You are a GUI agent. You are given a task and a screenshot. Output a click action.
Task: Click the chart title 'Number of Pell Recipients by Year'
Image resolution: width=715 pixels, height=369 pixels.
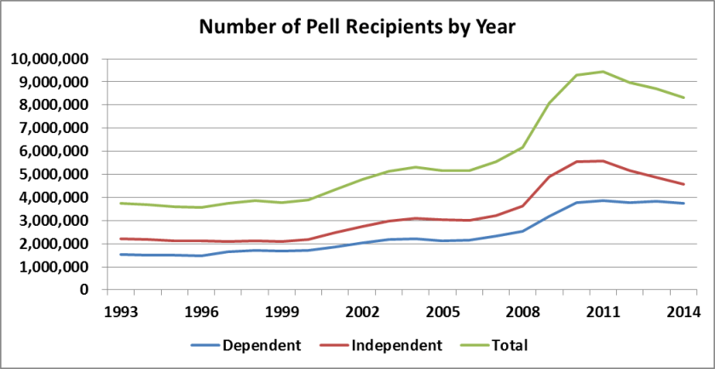point(358,26)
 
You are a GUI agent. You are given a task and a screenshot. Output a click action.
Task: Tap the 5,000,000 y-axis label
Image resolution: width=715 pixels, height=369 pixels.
point(56,175)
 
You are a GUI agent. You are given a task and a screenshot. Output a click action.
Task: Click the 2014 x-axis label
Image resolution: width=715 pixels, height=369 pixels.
point(683,312)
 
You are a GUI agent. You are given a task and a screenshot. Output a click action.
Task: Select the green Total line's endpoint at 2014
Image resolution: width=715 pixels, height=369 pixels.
point(683,97)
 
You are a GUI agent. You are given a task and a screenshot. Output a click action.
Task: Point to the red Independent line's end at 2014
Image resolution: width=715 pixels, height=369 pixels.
point(683,184)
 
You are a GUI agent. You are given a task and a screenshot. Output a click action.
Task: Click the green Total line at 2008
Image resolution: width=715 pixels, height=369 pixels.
point(522,147)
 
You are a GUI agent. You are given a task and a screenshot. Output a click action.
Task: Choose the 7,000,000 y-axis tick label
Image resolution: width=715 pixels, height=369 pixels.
point(56,129)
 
